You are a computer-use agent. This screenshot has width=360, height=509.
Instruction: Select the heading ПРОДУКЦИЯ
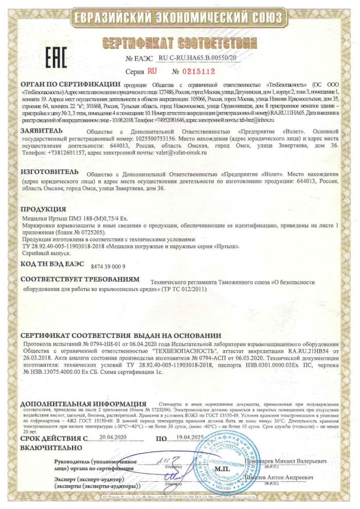tap(44, 210)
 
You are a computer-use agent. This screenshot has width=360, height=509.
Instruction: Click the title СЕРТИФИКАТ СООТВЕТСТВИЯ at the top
tap(179, 41)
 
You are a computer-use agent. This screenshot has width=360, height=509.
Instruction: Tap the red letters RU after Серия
tap(152, 71)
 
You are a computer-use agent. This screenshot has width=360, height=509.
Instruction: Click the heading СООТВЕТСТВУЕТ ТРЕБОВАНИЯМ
tap(80, 279)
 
